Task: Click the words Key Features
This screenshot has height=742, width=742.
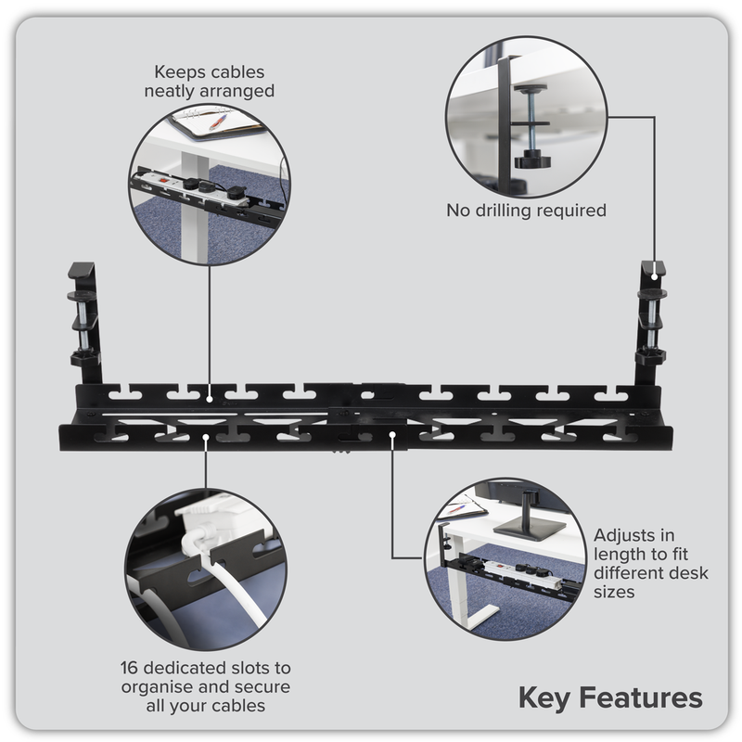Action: click(609, 697)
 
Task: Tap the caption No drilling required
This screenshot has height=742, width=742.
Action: click(526, 211)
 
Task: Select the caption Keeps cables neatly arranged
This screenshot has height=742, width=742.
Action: click(210, 81)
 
